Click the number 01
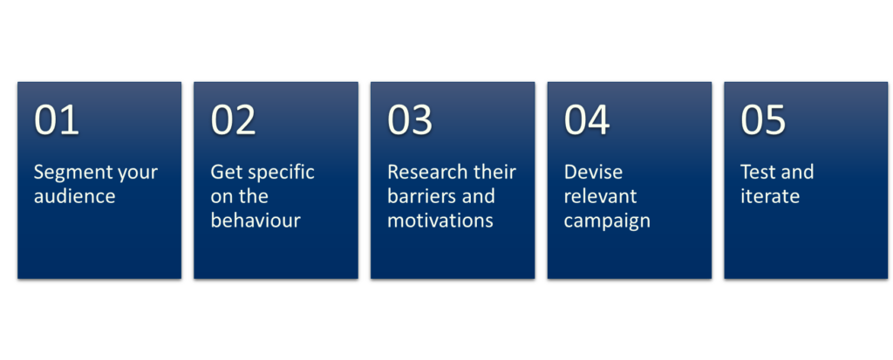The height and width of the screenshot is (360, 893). coord(57,119)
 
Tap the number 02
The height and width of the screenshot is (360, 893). coord(234,119)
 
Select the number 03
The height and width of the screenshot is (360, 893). coord(410,119)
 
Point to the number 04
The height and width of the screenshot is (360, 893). coord(587,119)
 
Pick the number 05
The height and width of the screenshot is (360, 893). coord(763,119)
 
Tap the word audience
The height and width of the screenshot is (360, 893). coord(75,196)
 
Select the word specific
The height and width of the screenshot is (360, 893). coord(282,173)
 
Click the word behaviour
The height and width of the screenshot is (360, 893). coord(256,221)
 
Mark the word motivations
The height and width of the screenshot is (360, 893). coord(440,221)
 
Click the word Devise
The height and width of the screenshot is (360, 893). coord(585,172)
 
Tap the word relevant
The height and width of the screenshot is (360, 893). coord(600,196)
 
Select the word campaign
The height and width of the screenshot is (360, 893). coord(607,221)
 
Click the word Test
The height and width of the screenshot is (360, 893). coord(756,172)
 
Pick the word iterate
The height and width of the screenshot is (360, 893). coord(770,196)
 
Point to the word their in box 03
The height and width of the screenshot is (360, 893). coord(495,172)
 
